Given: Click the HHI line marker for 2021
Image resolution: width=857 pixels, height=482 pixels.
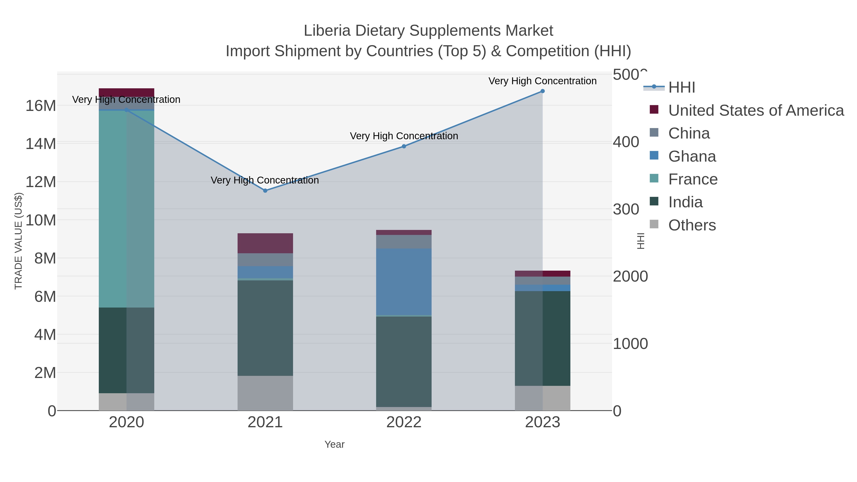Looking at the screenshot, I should (x=265, y=191).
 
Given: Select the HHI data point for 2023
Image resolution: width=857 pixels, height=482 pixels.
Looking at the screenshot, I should (x=543, y=91).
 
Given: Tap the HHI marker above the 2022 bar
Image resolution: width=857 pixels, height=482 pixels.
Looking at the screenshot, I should (x=404, y=146).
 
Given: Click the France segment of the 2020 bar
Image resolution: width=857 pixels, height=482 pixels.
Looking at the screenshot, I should (x=126, y=209).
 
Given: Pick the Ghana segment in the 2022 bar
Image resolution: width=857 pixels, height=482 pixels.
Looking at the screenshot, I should (x=404, y=282).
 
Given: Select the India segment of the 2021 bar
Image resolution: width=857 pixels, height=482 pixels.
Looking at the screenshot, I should (x=265, y=328).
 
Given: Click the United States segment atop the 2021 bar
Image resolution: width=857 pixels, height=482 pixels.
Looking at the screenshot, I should (x=265, y=243).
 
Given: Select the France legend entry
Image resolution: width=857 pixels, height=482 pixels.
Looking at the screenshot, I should (x=693, y=179).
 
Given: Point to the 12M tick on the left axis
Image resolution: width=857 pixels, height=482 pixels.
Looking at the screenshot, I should (x=40, y=182).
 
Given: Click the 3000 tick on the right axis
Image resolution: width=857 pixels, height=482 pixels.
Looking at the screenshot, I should (x=626, y=209).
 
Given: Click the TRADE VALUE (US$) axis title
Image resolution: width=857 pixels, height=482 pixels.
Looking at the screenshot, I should (x=18, y=241).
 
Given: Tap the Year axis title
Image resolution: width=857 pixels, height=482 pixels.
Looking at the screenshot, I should (x=334, y=444).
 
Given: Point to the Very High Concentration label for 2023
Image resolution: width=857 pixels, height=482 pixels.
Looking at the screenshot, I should (x=542, y=81).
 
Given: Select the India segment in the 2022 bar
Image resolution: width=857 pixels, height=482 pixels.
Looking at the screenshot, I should (x=404, y=362).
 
